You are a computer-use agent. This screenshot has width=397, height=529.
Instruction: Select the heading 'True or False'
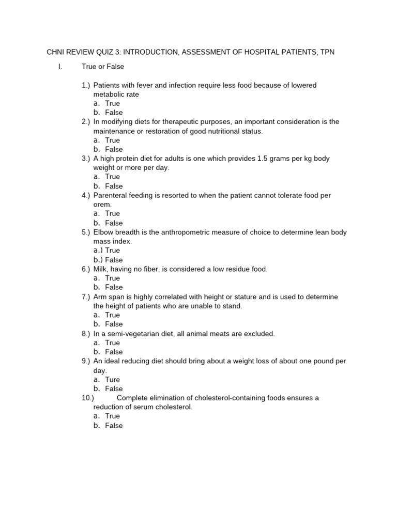(103, 67)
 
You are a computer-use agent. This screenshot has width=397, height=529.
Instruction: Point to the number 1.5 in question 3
(263, 159)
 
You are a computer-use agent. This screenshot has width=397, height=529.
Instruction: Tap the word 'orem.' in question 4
(102, 205)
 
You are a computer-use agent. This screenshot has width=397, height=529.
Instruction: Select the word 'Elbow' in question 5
(103, 232)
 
